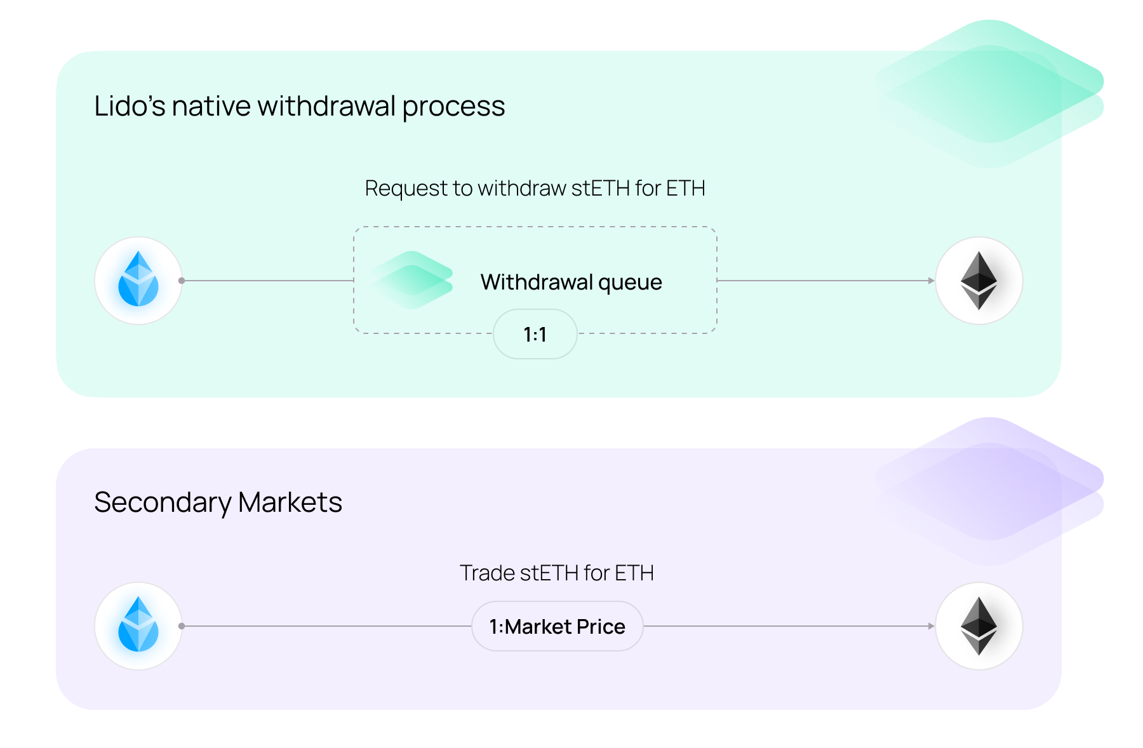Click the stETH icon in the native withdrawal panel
[138, 280]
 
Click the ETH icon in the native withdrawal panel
[979, 280]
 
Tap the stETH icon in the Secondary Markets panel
[138, 625]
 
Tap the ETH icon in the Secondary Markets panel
[979, 625]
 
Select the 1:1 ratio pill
[535, 334]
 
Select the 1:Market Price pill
[557, 626]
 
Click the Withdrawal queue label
[571, 282]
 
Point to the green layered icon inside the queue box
[412, 280]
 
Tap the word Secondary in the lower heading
[163, 503]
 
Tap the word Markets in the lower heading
[290, 502]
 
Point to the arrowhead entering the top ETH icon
[931, 281]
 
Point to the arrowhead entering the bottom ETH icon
[931, 626]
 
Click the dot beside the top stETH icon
[182, 281]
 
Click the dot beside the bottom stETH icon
[182, 626]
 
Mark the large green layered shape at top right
[989, 94]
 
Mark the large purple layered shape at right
[989, 491]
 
